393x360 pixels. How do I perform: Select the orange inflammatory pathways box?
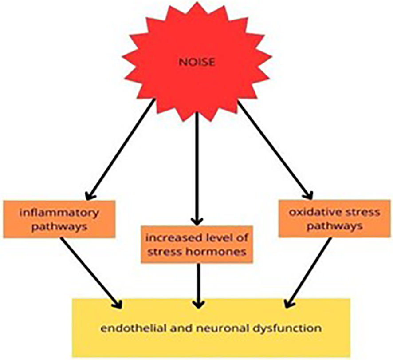(59, 218)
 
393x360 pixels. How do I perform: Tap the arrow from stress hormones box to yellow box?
(197, 284)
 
